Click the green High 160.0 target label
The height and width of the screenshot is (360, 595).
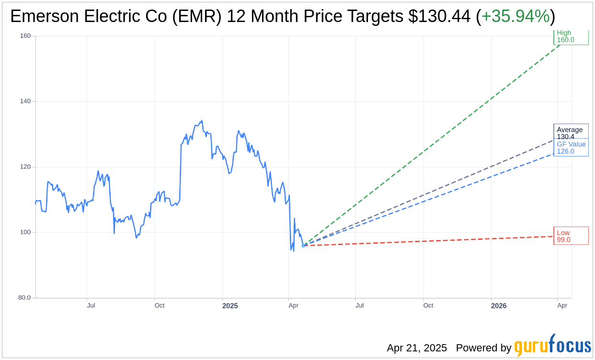(571, 36)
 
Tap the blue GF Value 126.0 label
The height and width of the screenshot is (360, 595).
(571, 148)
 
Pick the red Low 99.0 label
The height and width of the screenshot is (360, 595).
(571, 236)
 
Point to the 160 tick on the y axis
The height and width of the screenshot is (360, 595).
(25, 36)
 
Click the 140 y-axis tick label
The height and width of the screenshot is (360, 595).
(25, 101)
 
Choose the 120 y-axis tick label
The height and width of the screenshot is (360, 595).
(25, 167)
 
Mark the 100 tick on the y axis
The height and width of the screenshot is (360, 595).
(25, 233)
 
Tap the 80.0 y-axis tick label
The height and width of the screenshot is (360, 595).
(24, 298)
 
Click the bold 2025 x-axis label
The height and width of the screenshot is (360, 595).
(230, 306)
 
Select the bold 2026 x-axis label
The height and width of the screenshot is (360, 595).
(499, 306)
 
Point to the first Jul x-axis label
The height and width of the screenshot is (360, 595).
(91, 305)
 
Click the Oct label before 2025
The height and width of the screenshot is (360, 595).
(160, 305)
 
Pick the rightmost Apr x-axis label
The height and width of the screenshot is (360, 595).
(562, 305)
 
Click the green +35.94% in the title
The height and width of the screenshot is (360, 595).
(515, 17)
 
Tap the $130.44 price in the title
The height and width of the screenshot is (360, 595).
(439, 17)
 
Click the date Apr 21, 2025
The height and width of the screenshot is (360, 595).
(417, 348)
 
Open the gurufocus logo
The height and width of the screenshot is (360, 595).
(552, 346)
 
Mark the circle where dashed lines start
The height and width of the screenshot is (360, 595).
(303, 246)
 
